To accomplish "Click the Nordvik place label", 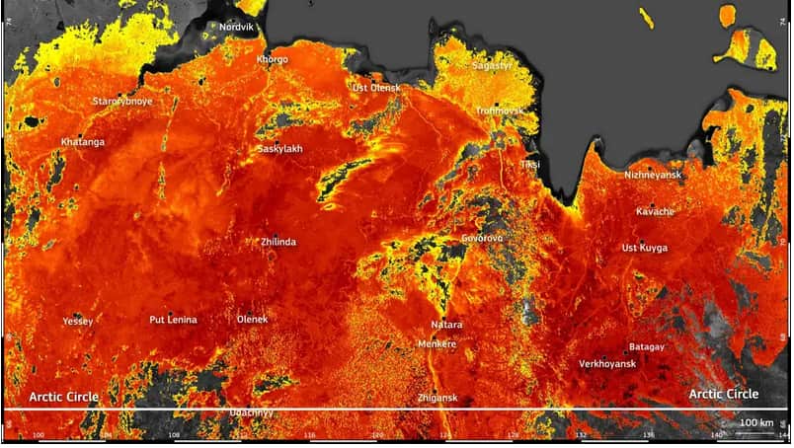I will (x=236, y=27).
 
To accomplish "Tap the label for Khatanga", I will (x=82, y=142).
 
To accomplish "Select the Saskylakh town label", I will (x=280, y=149).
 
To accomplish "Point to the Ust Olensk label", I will (x=377, y=88).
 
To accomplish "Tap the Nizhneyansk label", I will (x=654, y=175).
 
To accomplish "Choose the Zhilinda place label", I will (x=278, y=242).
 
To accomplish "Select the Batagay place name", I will (x=647, y=347).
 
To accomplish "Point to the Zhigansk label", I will (x=437, y=398).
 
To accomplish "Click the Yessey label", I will (x=77, y=322).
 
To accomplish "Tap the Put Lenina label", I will (x=173, y=320).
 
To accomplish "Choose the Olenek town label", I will (x=253, y=320).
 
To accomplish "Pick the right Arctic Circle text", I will (x=724, y=394).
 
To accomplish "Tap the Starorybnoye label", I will (x=122, y=102).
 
